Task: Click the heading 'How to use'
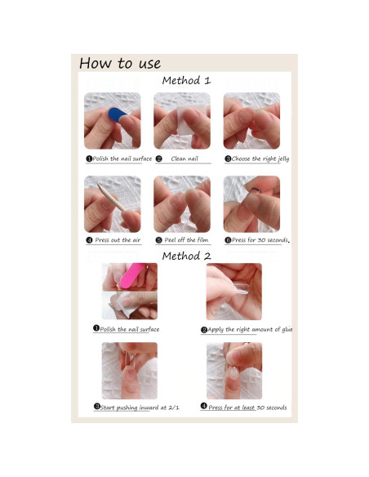click(120, 64)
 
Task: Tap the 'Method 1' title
click(186, 81)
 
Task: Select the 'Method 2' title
click(186, 256)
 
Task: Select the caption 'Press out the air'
click(113, 241)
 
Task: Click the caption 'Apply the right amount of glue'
click(247, 329)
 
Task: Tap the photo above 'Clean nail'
click(183, 121)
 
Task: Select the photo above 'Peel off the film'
click(183, 204)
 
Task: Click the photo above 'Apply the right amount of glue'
click(234, 292)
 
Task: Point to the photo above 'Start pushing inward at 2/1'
click(129, 370)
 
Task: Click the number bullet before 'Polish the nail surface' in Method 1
click(88, 158)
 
